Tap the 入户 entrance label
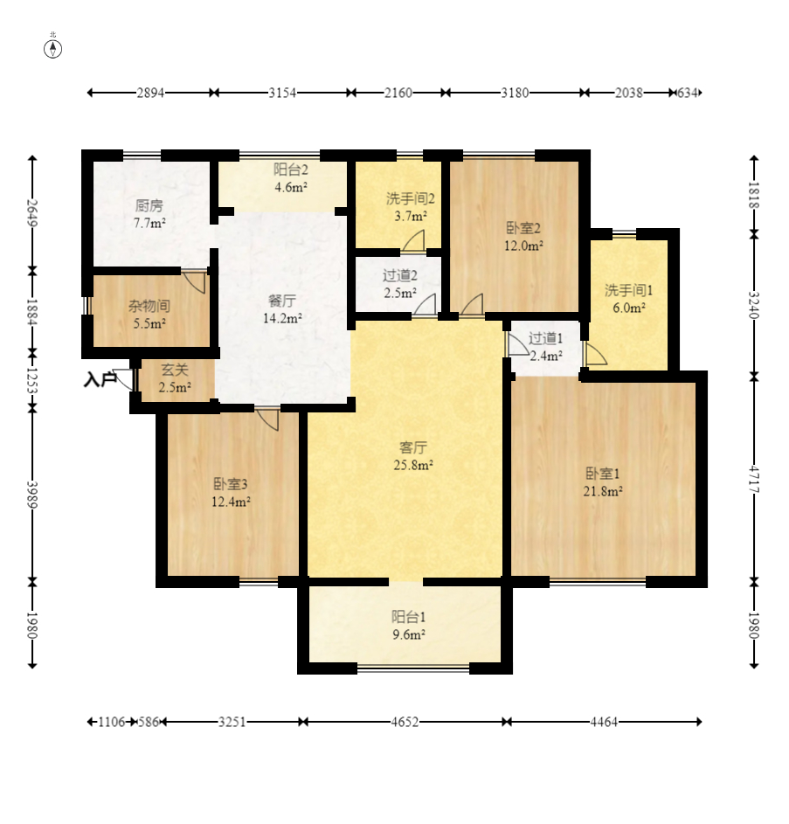(x=100, y=379)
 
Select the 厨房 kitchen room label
(x=149, y=205)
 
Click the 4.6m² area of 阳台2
(x=291, y=187)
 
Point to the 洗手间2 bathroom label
(x=411, y=198)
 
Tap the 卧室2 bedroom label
(x=523, y=228)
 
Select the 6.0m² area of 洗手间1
(x=629, y=308)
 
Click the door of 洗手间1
(x=596, y=354)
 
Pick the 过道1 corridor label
(x=545, y=338)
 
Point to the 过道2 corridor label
(x=400, y=275)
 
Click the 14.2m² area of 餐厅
(x=282, y=318)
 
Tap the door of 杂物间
(x=195, y=282)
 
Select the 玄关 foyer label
(x=175, y=370)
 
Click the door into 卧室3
(x=267, y=419)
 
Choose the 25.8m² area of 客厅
(x=413, y=465)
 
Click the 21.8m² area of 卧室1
(x=603, y=491)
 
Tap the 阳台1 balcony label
(x=408, y=616)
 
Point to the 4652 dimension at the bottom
(x=405, y=722)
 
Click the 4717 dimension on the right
(x=754, y=479)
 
